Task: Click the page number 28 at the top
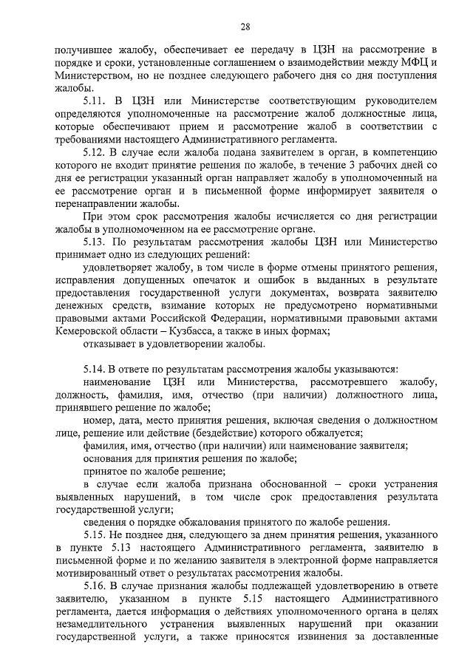coord(245,27)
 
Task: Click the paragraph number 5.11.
coord(95,99)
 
